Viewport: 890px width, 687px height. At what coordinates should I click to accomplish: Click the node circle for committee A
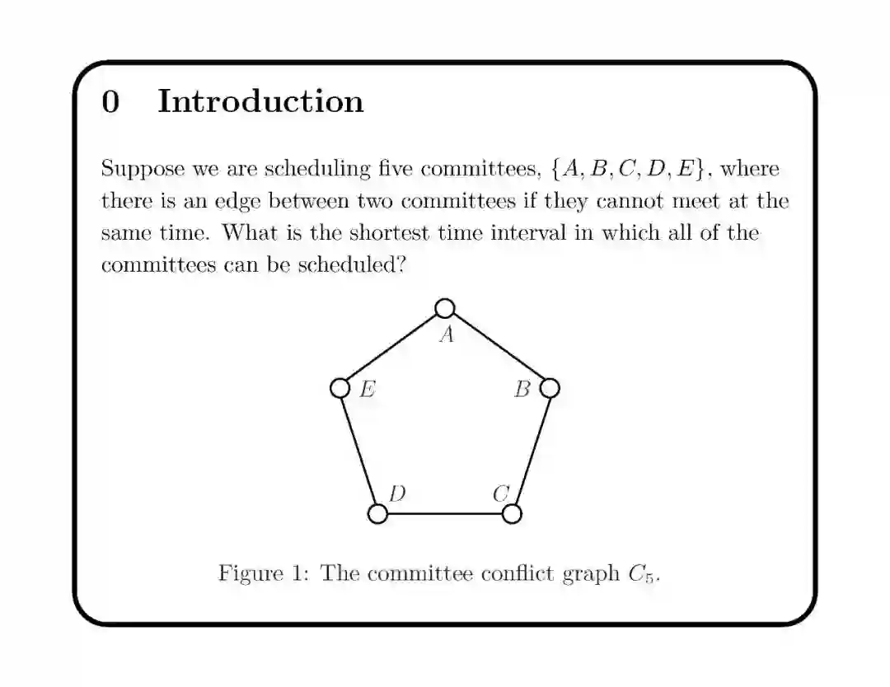pos(445,308)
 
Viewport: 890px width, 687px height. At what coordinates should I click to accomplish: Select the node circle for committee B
pos(550,387)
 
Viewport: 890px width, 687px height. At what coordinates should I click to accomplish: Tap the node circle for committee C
pos(512,513)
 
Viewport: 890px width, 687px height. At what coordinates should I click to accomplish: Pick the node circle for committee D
pos(377,513)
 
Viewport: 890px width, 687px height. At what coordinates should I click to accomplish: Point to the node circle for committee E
pos(340,387)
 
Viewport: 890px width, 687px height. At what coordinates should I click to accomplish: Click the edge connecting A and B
pos(498,348)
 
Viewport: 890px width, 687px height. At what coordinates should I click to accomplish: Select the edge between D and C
pos(445,514)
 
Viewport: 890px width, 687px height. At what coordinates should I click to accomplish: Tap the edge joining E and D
pos(358,450)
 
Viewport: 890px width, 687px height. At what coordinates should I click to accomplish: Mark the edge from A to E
pos(392,348)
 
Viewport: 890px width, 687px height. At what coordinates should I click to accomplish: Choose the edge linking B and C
pos(531,450)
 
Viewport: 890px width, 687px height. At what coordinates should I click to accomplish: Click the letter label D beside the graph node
pos(397,493)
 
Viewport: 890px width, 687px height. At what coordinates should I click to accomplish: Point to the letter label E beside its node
pos(368,390)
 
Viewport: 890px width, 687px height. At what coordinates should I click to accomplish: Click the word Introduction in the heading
pos(260,101)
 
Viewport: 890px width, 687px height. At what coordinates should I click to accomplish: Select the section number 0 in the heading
pos(110,101)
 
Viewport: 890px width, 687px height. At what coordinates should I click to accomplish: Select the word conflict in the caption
pos(510,572)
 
